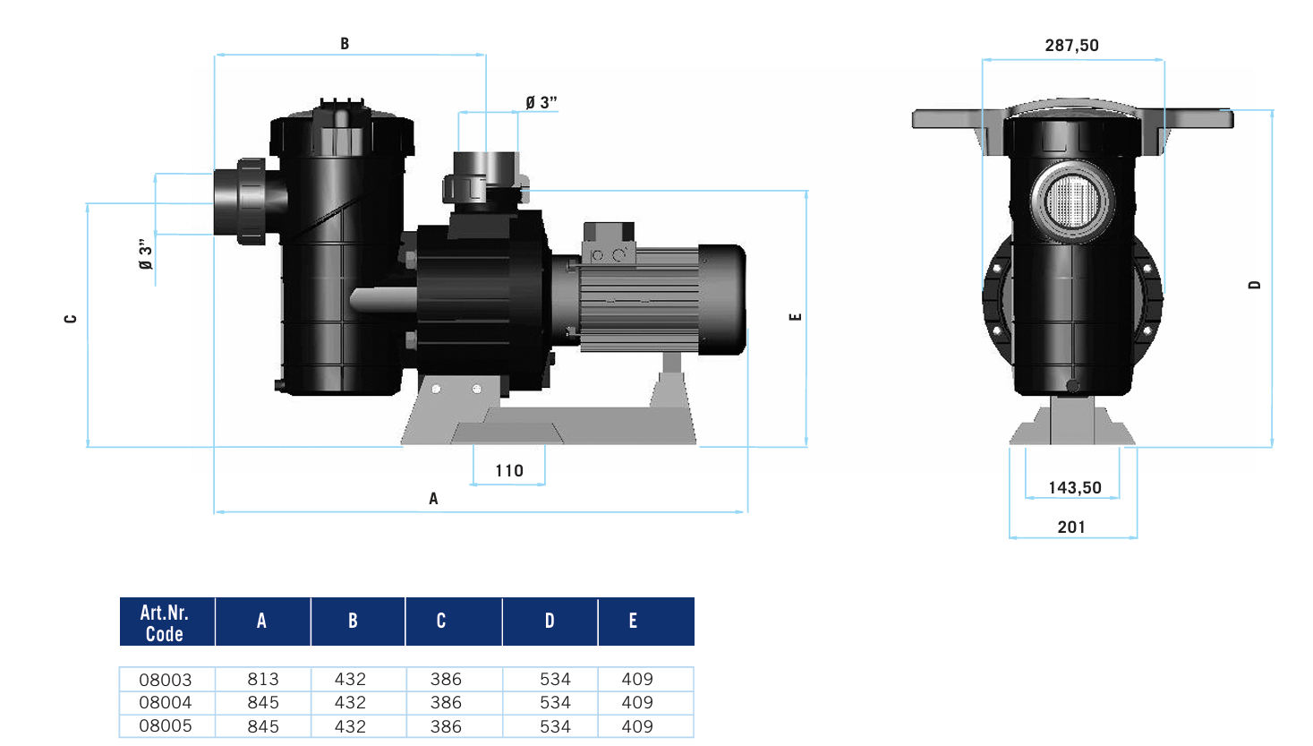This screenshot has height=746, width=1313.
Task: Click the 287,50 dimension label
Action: point(1071,45)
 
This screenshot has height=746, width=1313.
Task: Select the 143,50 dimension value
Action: point(1074,487)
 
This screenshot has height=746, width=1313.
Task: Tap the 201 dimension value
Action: point(1071,527)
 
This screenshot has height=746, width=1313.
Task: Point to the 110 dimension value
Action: point(508,470)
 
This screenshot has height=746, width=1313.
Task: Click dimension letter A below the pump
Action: point(433,499)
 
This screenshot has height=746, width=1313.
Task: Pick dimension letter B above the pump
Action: point(345,43)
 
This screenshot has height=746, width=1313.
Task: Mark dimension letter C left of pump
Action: point(71,319)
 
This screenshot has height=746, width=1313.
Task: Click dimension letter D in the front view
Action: point(1254,285)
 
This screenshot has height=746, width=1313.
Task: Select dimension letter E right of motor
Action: point(795,317)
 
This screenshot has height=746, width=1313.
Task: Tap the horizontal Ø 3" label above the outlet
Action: point(541,103)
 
